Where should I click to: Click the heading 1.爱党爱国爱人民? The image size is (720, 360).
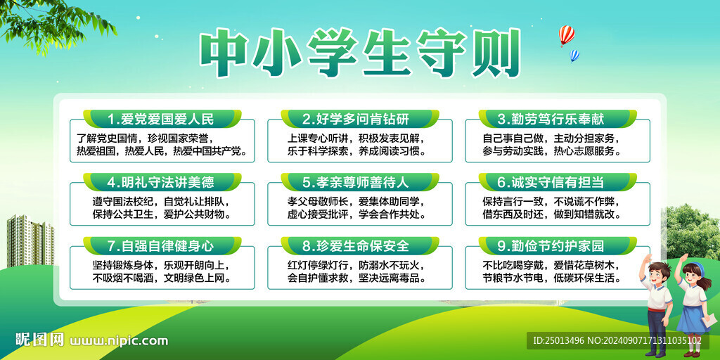(161, 120)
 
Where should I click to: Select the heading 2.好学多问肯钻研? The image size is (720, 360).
(355, 120)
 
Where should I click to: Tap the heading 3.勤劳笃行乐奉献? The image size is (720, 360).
(551, 120)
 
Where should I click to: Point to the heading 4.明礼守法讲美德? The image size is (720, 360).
(161, 182)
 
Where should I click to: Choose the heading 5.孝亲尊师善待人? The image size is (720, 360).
(355, 182)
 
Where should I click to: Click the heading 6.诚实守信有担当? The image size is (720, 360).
(551, 182)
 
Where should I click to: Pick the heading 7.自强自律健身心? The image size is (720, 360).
(161, 245)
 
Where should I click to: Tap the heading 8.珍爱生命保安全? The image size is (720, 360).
(355, 245)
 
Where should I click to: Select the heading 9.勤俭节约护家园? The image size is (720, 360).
(551, 245)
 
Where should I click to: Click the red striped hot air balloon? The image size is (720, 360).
(567, 35)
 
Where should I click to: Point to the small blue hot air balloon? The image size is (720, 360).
(574, 56)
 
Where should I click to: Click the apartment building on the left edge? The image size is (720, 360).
(30, 242)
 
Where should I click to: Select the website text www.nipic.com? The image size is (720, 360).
(118, 341)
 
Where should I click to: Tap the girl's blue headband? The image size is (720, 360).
(690, 265)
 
